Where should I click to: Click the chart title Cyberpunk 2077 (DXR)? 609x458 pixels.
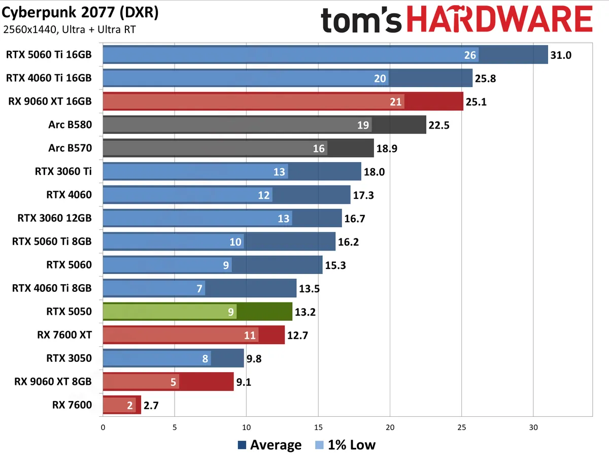(x=80, y=12)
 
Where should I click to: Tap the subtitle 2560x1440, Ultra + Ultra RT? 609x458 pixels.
(x=69, y=29)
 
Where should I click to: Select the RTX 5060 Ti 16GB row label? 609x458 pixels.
(x=49, y=54)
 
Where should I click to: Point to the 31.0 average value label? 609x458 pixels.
(x=561, y=55)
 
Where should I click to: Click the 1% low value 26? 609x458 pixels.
(x=470, y=55)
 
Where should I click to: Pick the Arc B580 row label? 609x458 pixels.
(x=71, y=125)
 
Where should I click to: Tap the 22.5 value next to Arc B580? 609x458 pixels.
(x=439, y=125)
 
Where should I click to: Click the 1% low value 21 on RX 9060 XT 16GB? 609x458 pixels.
(x=396, y=102)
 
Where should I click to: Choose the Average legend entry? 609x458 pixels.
(x=269, y=445)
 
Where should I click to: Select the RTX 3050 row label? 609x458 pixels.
(x=69, y=358)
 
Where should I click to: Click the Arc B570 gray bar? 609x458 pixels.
(x=238, y=148)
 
